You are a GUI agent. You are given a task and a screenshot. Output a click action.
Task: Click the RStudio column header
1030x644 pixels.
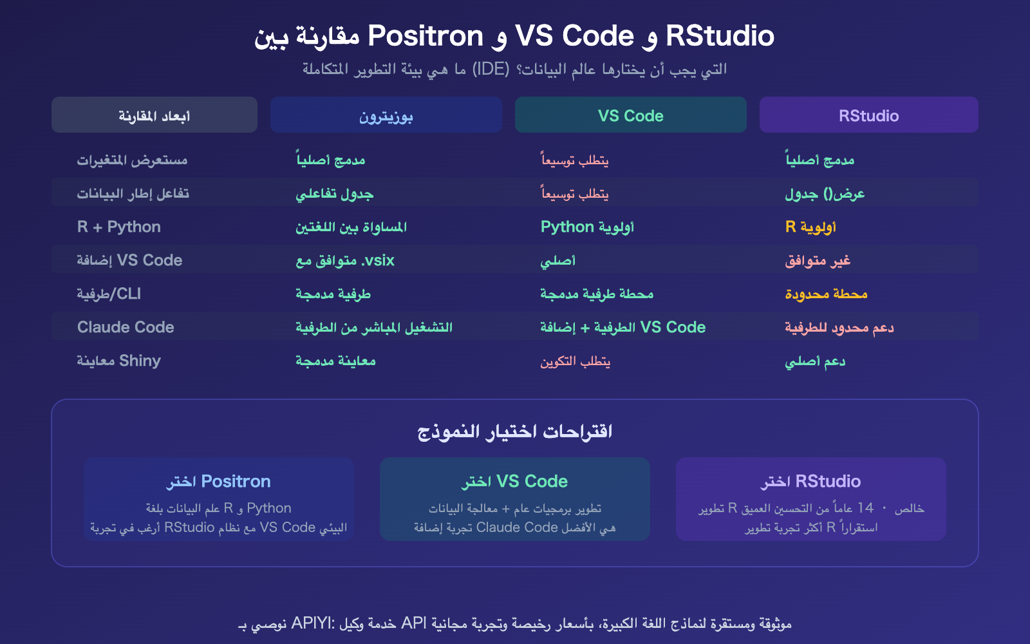868,116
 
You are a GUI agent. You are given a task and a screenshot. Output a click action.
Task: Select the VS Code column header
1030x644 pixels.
630,116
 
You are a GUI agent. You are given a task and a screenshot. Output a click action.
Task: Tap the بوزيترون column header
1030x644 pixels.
386,116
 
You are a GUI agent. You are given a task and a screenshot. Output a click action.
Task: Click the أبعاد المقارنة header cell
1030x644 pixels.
154,116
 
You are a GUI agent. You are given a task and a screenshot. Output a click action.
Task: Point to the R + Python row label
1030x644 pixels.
119,227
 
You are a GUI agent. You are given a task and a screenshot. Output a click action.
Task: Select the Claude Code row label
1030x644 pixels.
126,327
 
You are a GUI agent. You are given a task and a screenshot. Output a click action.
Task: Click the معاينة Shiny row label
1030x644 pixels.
119,361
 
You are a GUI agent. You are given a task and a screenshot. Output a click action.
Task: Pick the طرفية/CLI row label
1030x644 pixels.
109,294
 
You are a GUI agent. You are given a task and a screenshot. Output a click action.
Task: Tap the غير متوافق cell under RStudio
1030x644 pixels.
818,260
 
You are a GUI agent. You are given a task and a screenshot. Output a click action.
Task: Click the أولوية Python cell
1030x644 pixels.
587,227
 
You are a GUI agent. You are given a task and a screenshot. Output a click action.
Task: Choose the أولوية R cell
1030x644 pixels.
810,227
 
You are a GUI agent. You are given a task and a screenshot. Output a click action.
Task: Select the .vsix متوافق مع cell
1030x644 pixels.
345,260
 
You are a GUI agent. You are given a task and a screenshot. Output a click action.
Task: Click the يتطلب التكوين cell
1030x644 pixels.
575,361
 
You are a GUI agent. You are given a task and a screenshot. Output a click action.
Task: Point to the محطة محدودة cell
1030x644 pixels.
826,294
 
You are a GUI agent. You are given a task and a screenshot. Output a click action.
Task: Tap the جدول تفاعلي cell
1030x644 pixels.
334,193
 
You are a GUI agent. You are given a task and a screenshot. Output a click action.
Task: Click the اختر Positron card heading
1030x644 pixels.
218,481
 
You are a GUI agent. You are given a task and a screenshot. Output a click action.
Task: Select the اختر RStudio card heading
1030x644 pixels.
810,481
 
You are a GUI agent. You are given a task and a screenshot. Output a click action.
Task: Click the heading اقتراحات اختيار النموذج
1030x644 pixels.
514,431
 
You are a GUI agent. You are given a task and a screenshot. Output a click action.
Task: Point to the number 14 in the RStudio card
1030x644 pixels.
865,508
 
